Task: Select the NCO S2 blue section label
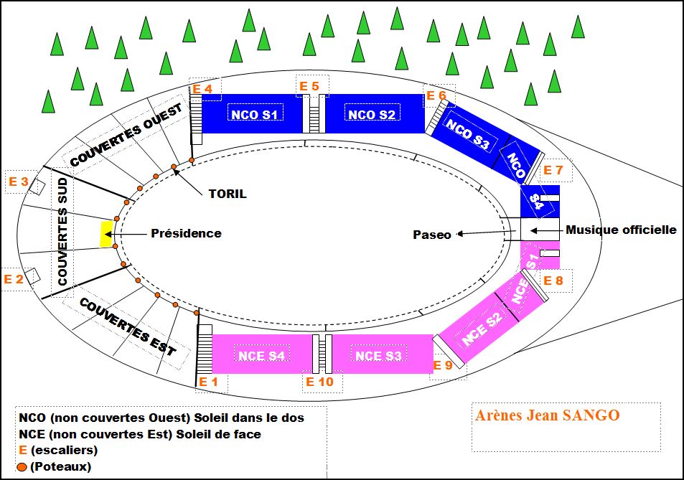point(372,113)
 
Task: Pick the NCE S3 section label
point(378,356)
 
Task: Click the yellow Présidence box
point(106,234)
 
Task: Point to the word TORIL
point(227,193)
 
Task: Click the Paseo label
point(432,235)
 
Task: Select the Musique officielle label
point(621,230)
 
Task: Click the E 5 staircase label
point(309,86)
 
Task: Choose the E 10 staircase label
point(319,382)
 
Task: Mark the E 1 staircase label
point(208,382)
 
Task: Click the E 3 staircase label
point(18,182)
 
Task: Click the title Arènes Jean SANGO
point(547,415)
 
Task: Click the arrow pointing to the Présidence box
point(129,234)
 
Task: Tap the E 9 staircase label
point(443,365)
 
